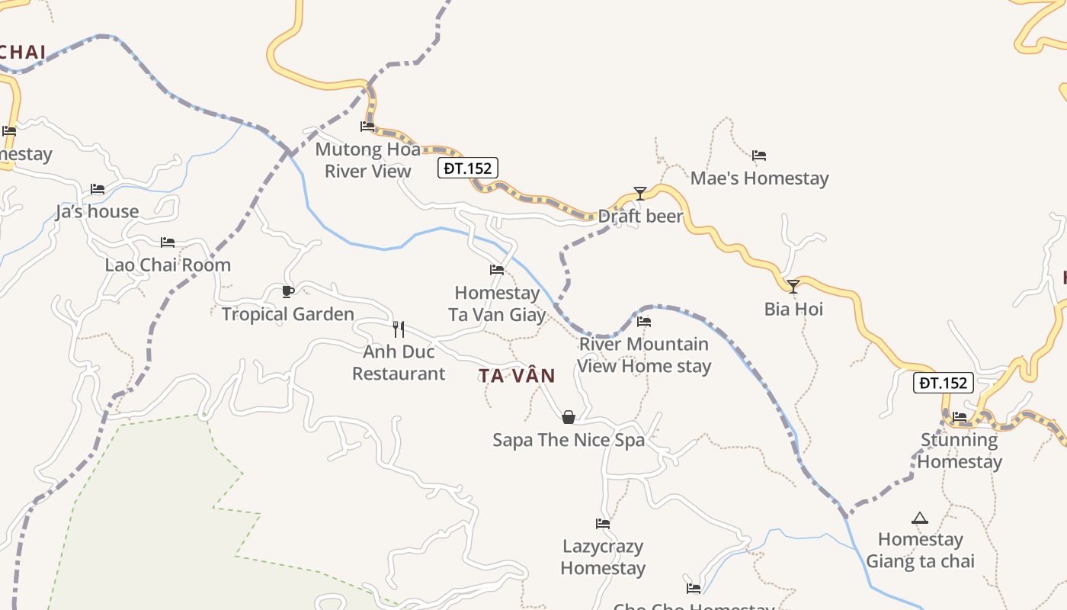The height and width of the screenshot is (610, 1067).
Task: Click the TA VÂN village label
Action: pos(517,375)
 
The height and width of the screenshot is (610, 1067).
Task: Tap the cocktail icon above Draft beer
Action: pos(640,194)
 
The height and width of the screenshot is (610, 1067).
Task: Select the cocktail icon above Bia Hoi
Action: pos(793,287)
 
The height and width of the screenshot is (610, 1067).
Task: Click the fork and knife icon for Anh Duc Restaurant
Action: pos(398,329)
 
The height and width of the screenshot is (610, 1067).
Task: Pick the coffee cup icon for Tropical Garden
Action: pos(287,291)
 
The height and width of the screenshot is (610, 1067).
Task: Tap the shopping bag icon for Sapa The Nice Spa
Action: pos(568,417)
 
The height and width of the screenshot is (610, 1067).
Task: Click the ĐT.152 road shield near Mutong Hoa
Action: pos(468,168)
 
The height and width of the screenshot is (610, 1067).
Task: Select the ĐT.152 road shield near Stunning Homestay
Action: pos(944,383)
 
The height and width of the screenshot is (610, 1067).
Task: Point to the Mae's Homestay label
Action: pos(759,178)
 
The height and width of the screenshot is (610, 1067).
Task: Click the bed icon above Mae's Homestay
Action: pos(759,156)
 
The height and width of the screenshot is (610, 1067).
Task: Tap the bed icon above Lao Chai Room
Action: pos(168,242)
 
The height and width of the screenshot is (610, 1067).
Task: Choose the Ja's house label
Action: pos(97,212)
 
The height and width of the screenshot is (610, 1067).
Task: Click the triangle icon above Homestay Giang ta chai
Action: pos(920,518)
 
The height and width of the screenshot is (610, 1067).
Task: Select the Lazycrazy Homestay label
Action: pos(603,557)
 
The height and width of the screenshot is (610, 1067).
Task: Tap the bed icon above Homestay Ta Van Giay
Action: pos(497,270)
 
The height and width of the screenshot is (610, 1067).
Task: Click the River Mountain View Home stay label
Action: pos(644,355)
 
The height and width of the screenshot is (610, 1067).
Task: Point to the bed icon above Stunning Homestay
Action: pos(960,417)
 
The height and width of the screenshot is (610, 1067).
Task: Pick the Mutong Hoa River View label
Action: pos(368,160)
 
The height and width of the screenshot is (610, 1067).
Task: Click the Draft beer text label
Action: pos(640,217)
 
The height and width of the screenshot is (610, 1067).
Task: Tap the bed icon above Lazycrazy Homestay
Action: pos(603,524)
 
